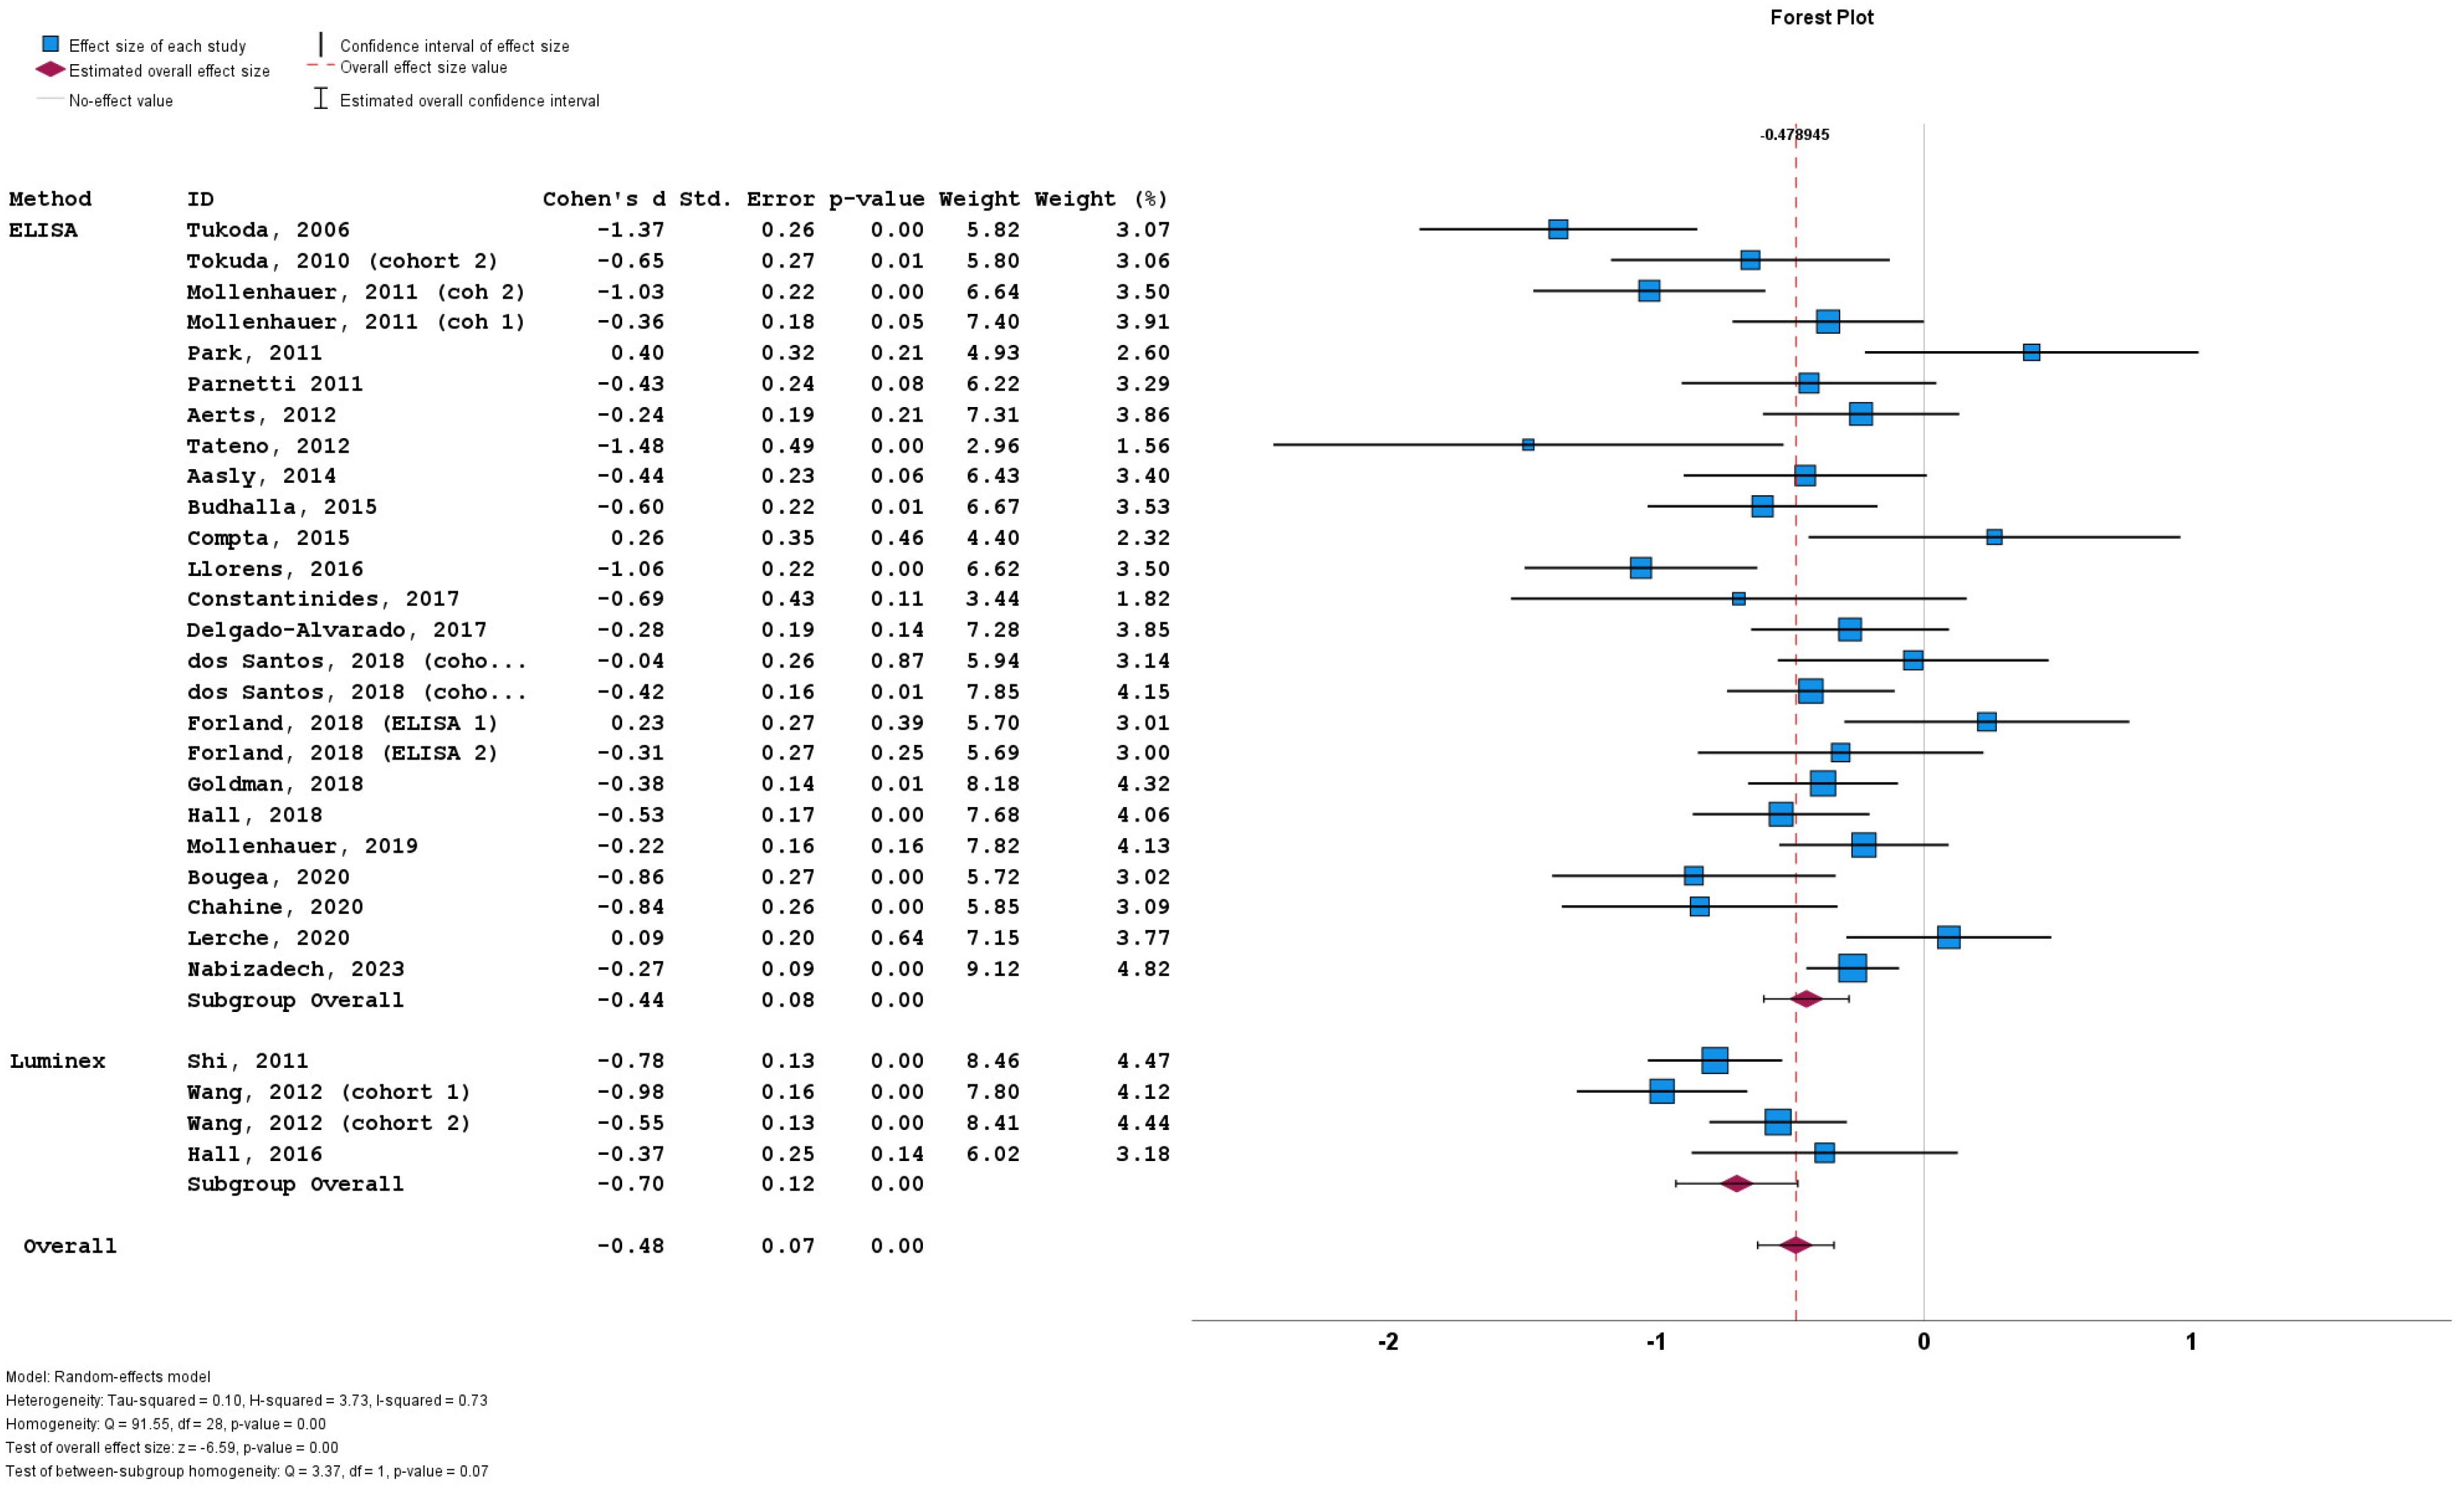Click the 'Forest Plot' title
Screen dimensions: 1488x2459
coord(1821,17)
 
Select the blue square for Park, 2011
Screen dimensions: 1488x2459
coord(2031,353)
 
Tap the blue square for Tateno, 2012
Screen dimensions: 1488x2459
coord(1528,445)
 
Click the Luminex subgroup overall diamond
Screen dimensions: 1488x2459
coord(1736,1184)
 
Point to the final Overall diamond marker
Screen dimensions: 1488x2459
coord(1795,1244)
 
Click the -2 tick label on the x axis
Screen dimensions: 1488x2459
coord(1387,1341)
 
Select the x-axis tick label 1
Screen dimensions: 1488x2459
coord(2191,1341)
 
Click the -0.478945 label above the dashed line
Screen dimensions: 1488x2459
coord(1794,135)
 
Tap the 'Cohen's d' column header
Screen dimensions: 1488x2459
coord(603,199)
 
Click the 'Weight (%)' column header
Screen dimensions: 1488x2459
coord(1101,199)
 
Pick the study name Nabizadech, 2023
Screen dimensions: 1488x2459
coord(295,969)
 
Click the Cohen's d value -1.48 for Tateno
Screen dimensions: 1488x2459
coord(630,445)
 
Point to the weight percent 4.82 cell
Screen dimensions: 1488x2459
coord(1143,969)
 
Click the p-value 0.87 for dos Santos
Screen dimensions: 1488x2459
coord(896,661)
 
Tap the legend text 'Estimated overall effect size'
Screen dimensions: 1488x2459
coord(169,71)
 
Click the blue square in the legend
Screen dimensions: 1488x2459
coord(50,45)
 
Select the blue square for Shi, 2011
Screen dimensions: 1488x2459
coord(1715,1060)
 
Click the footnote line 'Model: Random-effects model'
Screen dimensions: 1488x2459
coord(108,1376)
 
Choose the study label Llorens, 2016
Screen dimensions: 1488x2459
coord(275,569)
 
